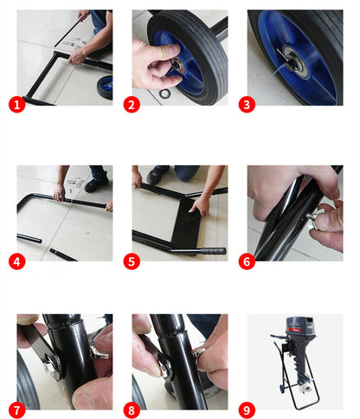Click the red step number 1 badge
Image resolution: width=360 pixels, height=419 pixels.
[16, 104]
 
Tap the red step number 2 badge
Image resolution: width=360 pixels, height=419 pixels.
[132, 104]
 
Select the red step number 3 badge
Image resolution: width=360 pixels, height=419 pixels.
[247, 104]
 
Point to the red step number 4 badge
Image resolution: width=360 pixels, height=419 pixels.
[16, 261]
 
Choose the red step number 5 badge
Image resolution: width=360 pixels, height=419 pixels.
[132, 261]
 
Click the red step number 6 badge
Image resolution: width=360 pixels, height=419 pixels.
[247, 261]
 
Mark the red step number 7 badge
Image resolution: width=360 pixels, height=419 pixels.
[16, 410]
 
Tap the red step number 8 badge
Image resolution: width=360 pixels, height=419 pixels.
[132, 410]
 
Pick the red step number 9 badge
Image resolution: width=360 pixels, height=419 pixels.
[247, 410]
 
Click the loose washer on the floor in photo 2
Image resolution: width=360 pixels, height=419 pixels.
[164, 93]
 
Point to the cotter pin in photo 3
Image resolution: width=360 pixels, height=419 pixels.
[279, 63]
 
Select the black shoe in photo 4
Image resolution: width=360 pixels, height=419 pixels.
[96, 184]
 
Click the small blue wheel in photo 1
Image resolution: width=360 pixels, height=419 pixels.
[106, 87]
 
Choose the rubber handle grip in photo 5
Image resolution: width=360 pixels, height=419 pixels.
[213, 250]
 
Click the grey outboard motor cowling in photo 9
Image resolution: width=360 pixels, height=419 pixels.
[300, 326]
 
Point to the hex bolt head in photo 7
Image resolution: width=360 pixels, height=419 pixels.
[52, 369]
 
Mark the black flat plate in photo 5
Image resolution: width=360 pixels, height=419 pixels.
[186, 222]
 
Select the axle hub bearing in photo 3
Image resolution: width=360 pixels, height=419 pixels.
[295, 61]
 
